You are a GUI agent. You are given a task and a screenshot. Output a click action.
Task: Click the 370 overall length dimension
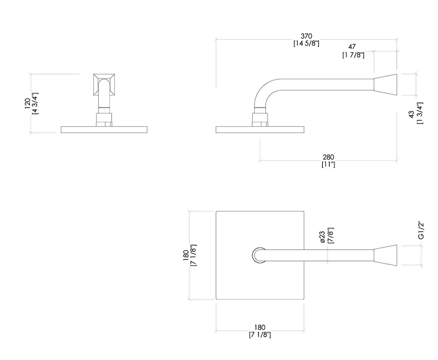click(306, 36)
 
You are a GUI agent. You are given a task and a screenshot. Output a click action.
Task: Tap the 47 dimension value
click(352, 47)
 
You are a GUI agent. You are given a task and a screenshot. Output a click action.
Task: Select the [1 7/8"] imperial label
click(353, 55)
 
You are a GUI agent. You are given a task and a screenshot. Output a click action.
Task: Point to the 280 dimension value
click(328, 157)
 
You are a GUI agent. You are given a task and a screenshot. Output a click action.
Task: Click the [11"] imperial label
click(328, 165)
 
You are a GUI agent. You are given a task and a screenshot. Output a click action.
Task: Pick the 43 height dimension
click(411, 114)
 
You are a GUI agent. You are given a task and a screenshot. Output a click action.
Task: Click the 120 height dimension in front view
click(27, 104)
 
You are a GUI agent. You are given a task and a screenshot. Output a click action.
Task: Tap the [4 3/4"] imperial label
click(35, 104)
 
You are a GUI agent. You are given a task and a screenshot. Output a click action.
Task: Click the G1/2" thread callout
click(421, 230)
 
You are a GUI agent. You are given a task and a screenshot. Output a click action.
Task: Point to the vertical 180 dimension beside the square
click(186, 255)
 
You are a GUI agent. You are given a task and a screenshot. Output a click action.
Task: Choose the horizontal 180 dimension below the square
click(260, 327)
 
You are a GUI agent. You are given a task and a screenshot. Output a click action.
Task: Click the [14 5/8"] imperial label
click(306, 43)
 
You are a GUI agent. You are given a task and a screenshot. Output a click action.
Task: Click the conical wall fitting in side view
click(385, 85)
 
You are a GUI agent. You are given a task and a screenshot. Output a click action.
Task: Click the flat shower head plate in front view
click(104, 130)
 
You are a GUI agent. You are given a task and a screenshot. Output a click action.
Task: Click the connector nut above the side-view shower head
click(260, 120)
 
